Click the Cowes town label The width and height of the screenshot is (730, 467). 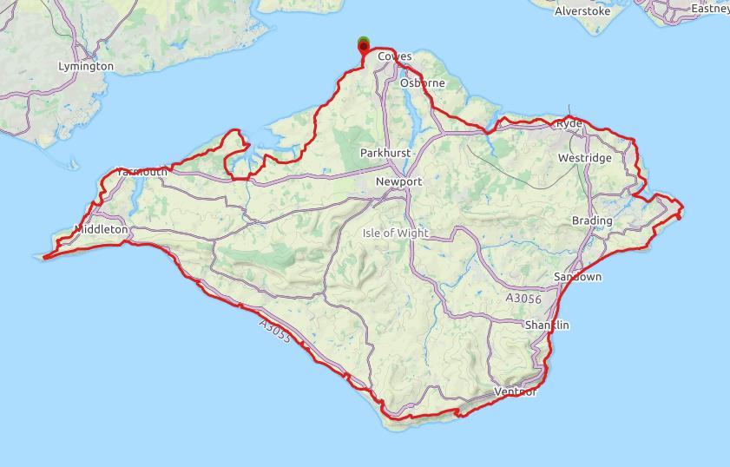[395, 56]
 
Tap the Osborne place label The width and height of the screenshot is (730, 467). [423, 83]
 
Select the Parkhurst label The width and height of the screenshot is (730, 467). [383, 154]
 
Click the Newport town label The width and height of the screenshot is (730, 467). [398, 182]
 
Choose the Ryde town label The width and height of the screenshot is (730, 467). [569, 125]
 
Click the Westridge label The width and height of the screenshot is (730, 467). [584, 158]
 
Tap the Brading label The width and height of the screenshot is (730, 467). [592, 220]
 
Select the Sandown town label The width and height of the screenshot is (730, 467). [577, 277]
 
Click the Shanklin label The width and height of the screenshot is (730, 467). [547, 325]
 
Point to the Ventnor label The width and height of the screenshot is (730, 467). [515, 392]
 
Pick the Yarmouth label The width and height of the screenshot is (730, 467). [141, 172]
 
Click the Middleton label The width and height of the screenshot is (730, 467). [101, 230]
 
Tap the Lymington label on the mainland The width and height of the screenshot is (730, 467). [85, 66]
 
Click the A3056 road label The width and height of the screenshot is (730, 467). [523, 299]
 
